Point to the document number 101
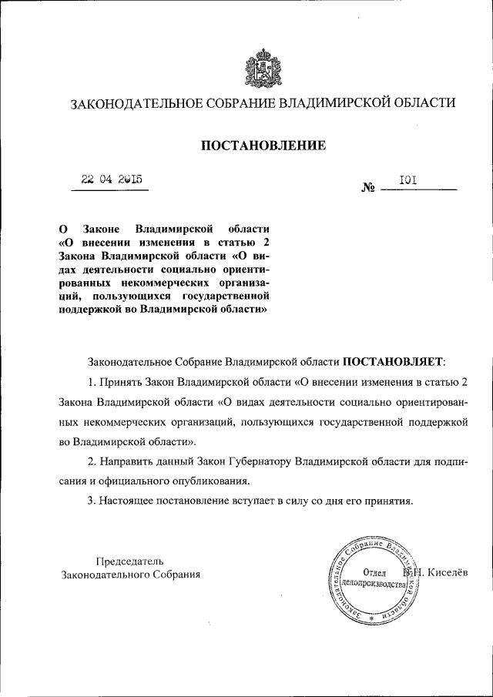click(407, 180)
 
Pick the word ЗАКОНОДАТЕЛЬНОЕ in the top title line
click(134, 102)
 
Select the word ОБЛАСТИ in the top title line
click(424, 102)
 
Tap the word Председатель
click(129, 561)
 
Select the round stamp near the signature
click(374, 578)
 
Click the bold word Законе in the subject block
click(99, 230)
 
